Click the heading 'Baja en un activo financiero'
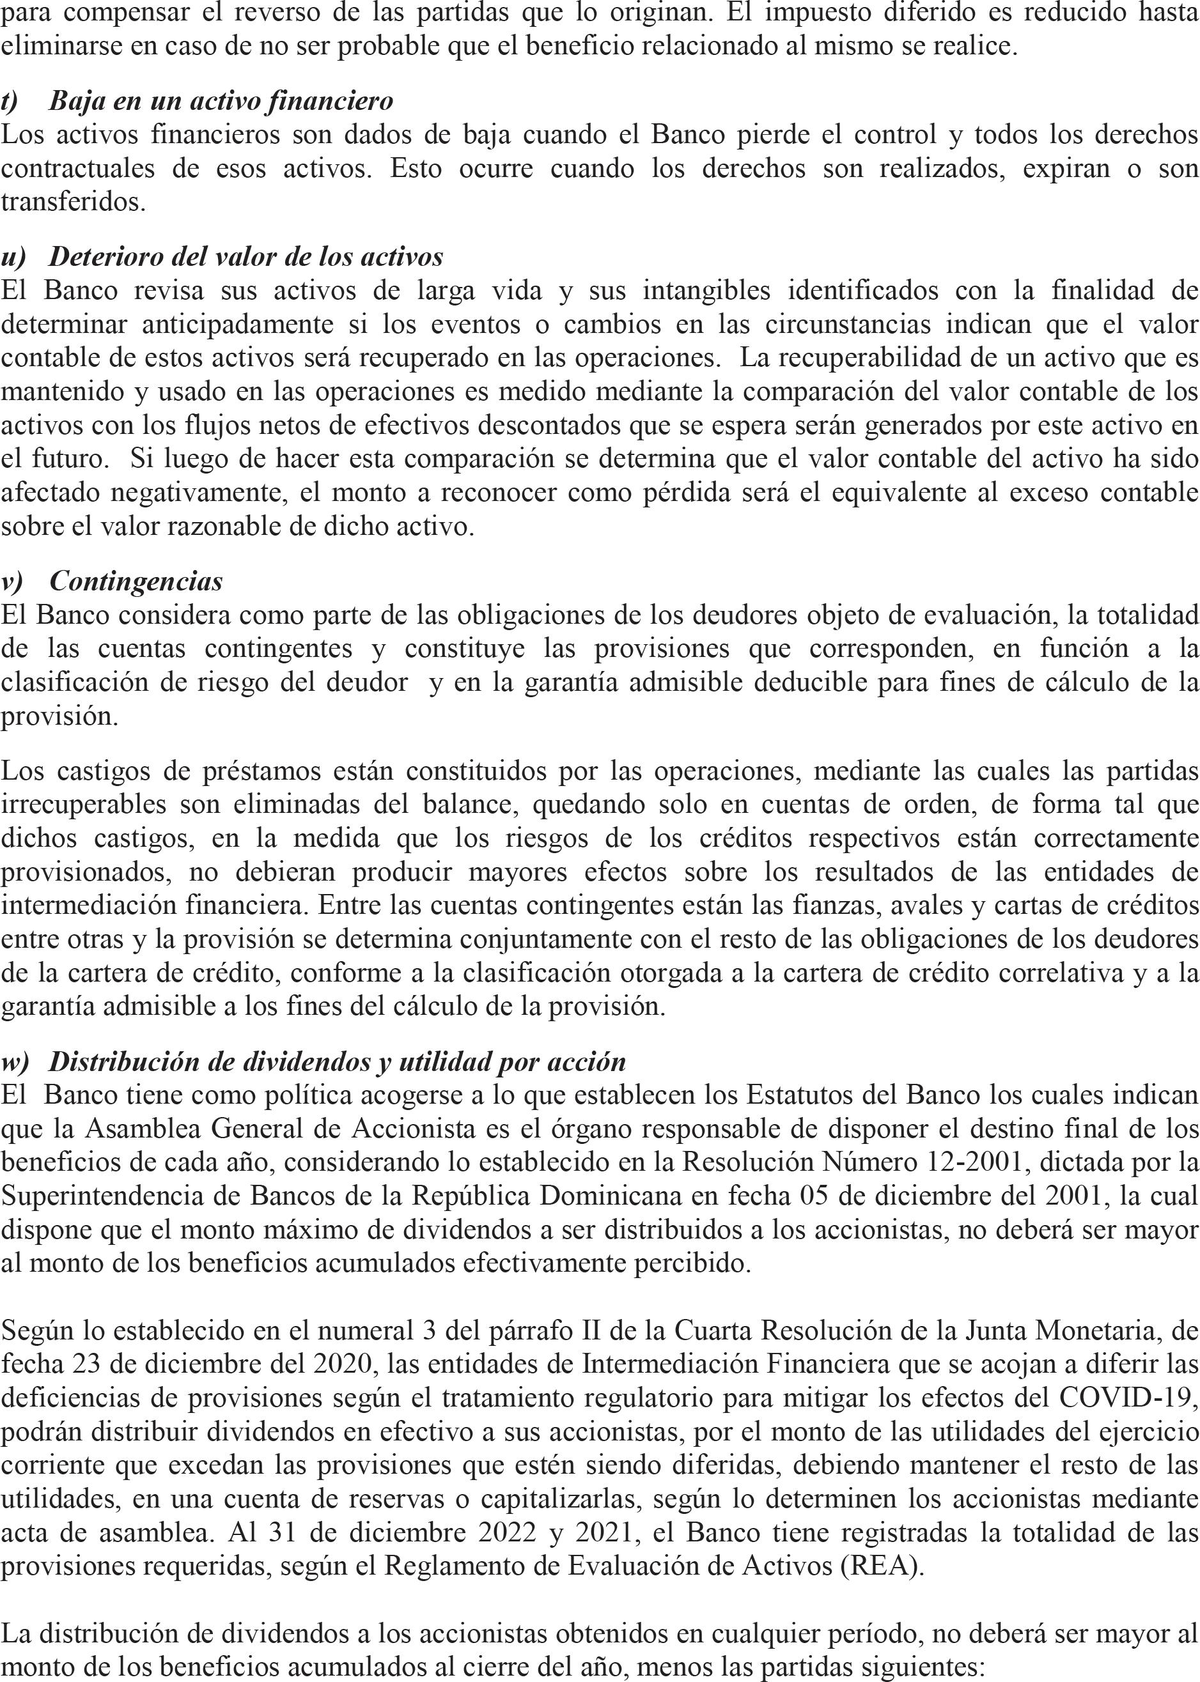[220, 101]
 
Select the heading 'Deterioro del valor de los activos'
[245, 257]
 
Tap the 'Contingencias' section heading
[136, 582]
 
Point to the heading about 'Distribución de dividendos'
[337, 1062]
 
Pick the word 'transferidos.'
[73, 203]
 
